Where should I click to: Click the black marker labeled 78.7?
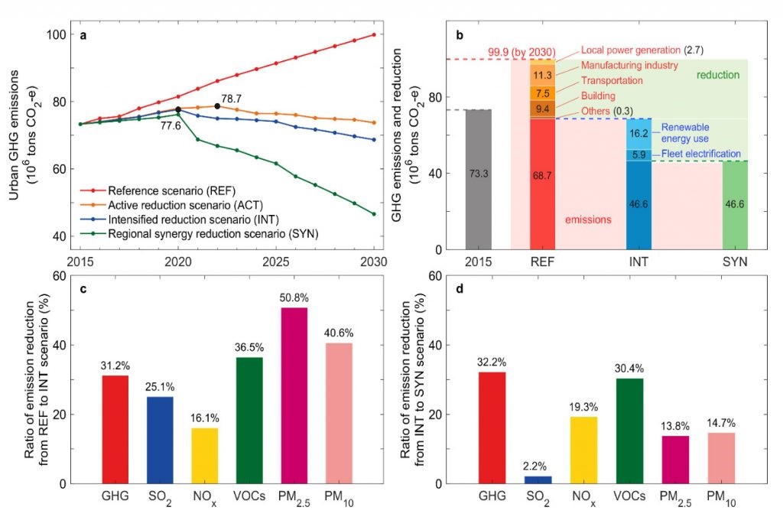(218, 106)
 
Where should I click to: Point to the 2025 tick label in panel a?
(276, 262)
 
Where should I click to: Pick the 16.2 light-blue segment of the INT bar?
(638, 133)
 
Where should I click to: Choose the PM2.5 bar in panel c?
(294, 395)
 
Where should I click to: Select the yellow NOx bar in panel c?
(204, 455)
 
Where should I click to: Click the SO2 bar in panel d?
(538, 479)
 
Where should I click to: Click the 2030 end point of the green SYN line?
(374, 214)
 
